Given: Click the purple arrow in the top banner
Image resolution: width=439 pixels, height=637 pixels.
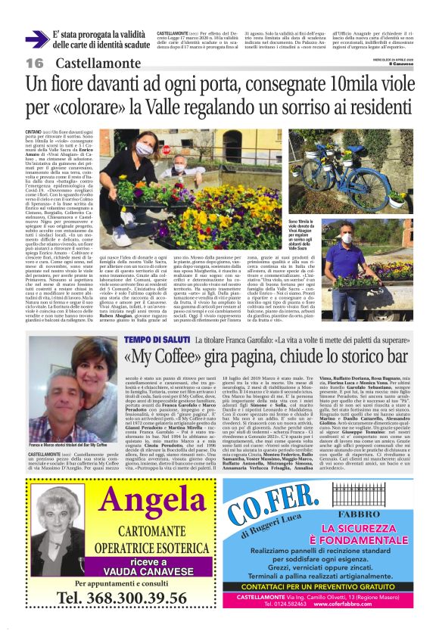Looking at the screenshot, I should coord(36,40).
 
